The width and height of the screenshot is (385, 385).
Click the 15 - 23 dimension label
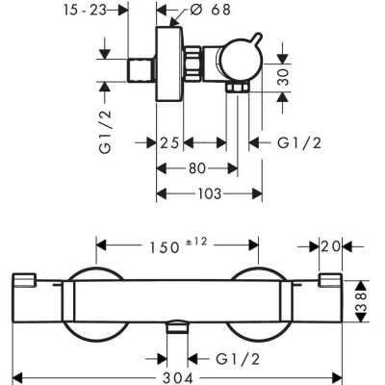(85, 11)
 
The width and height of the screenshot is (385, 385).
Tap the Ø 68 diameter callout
(210, 10)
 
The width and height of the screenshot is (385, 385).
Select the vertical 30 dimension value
(283, 77)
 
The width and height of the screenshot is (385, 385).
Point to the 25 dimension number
(169, 142)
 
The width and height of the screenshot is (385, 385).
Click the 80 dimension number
(197, 168)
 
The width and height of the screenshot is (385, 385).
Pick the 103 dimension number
(209, 193)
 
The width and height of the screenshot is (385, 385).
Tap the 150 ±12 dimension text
(179, 245)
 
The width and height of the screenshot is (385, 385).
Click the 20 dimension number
(330, 246)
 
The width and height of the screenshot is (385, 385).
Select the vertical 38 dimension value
(361, 301)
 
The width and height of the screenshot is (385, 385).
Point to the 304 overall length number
(177, 378)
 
